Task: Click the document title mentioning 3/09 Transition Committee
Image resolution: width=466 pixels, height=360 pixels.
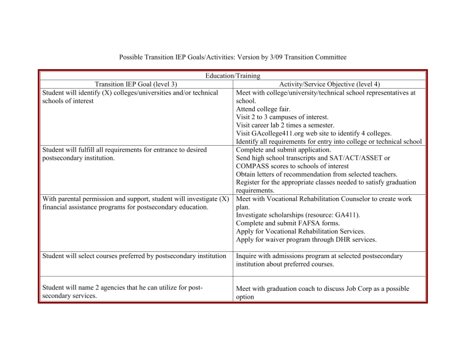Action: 232,57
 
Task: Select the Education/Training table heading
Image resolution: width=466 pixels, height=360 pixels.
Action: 233,76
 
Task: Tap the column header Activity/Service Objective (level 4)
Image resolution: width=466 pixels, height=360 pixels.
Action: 329,84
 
